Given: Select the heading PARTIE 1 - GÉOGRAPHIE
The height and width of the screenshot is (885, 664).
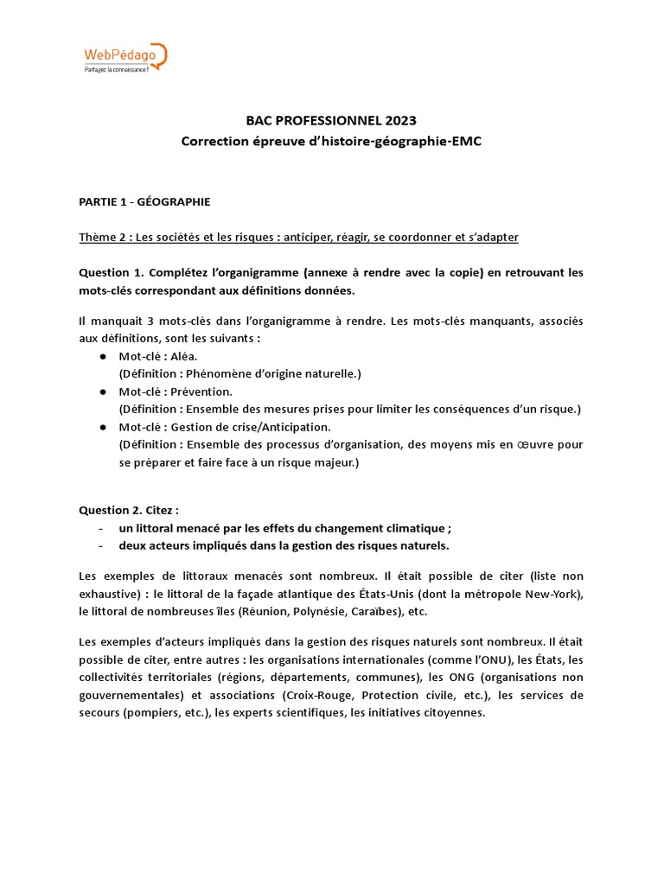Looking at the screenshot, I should click(x=144, y=202).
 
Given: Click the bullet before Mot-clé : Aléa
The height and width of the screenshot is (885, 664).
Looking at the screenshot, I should click(x=103, y=356).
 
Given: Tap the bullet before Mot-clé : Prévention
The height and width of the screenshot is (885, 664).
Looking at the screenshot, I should click(x=103, y=392).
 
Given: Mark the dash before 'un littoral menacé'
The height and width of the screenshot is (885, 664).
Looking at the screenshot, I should click(x=101, y=528).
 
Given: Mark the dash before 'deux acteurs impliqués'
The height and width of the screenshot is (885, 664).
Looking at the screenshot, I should click(x=101, y=545).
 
